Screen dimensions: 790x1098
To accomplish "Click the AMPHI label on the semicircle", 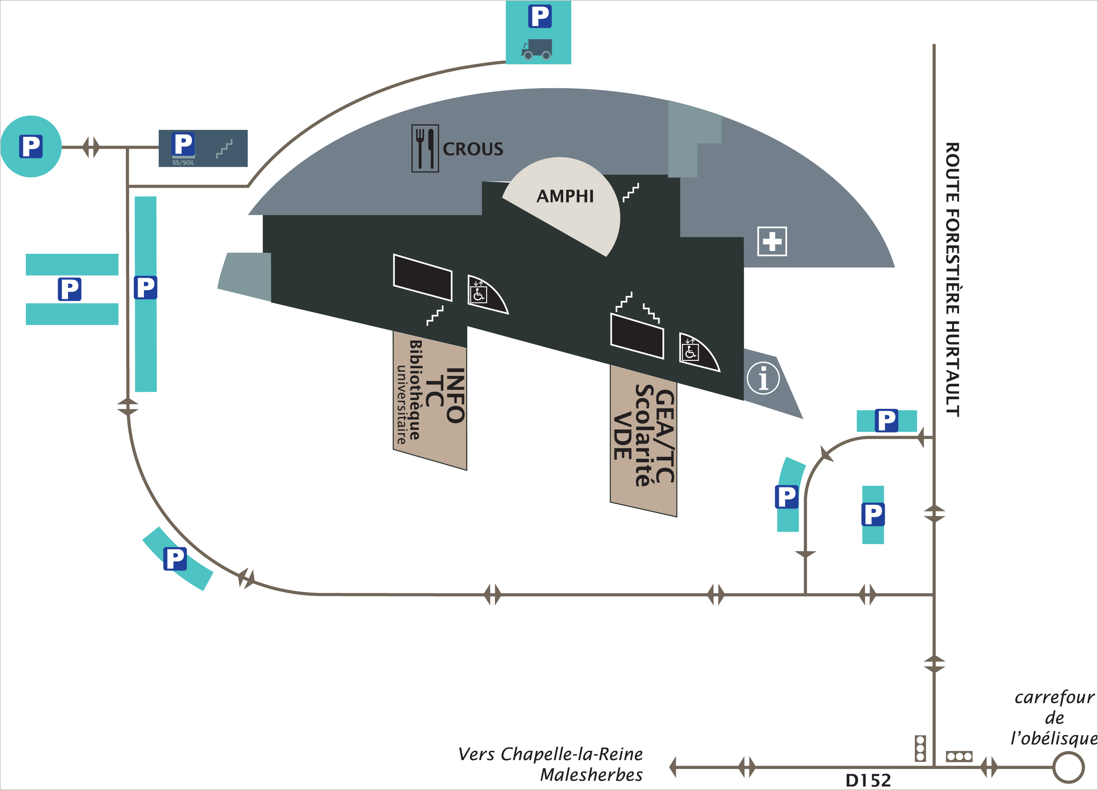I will [565, 196].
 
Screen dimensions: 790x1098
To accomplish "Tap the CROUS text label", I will [473, 149].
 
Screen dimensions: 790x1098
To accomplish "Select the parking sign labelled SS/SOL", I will [183, 148].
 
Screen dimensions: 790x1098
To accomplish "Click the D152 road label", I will [868, 780].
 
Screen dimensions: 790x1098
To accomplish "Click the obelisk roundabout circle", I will [1068, 767].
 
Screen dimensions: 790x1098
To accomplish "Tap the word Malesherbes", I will [591, 775].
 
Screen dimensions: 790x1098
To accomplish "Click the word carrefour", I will [1054, 697].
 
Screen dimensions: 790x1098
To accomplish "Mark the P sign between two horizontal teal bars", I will [70, 289].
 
